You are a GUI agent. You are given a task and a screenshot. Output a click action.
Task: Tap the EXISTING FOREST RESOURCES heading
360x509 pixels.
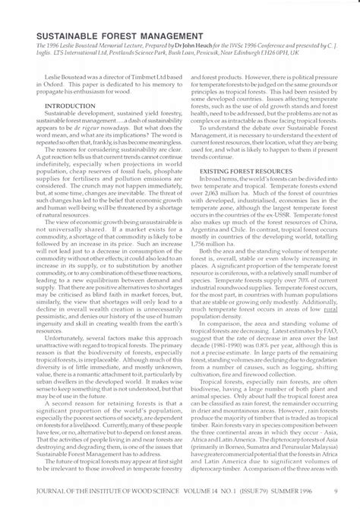247,172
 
